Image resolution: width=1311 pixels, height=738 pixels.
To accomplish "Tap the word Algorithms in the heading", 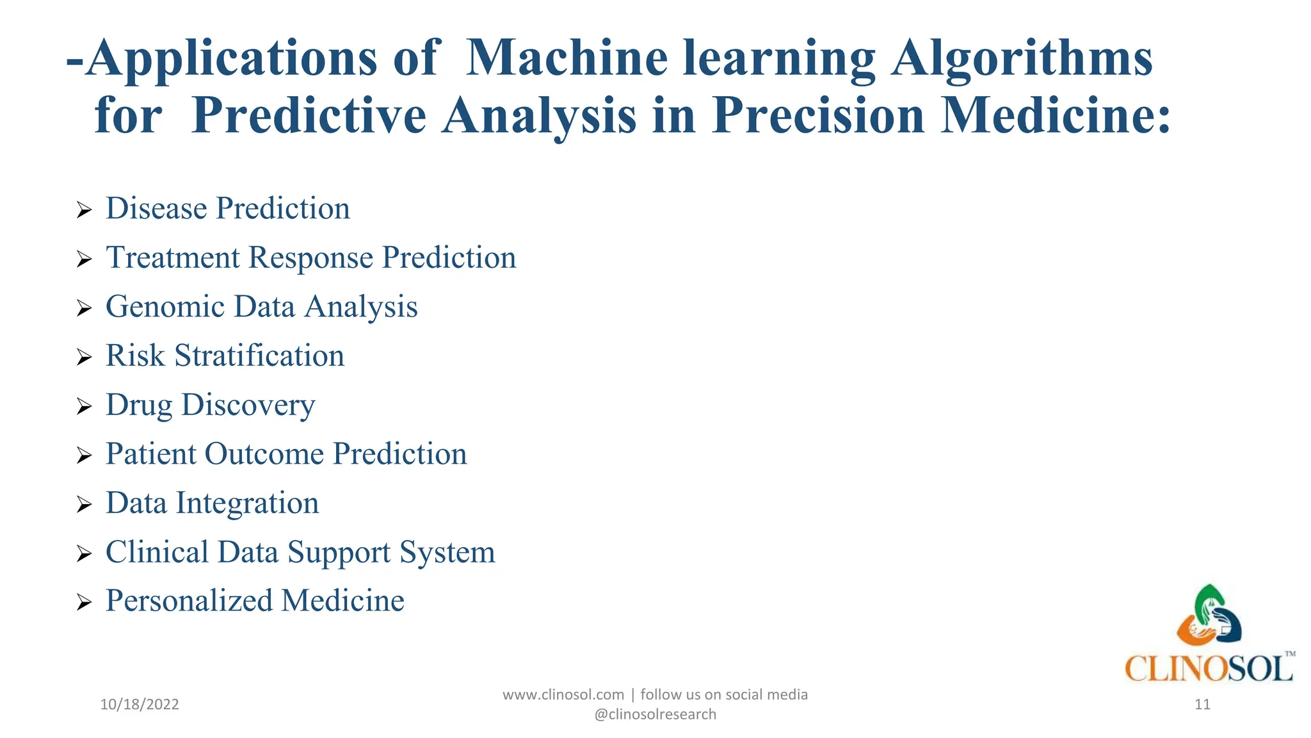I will [1022, 59].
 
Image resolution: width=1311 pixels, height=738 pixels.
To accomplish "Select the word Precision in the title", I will [819, 115].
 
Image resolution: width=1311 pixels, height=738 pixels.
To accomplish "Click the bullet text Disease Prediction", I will [227, 208].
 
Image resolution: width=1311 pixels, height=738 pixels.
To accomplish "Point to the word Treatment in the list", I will [173, 258].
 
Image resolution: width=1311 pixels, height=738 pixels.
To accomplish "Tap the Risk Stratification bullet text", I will [225, 356].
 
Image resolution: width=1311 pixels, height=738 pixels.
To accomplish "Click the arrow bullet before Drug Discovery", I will [84, 406].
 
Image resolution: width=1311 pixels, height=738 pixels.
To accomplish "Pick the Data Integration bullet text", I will [212, 503].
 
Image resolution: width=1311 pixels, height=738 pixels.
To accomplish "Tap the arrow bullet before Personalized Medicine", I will [84, 602].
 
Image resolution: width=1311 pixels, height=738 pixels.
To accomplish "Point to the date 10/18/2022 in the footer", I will [140, 705].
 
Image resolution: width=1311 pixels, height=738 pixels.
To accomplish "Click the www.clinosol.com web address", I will [563, 694].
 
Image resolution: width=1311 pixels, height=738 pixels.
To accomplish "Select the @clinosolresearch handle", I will [655, 714].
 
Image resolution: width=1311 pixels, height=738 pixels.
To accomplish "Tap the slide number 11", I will [1202, 705].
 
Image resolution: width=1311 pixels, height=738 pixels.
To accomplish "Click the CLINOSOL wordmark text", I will [1208, 669].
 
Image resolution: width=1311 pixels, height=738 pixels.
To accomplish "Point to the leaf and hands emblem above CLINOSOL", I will [1209, 616].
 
